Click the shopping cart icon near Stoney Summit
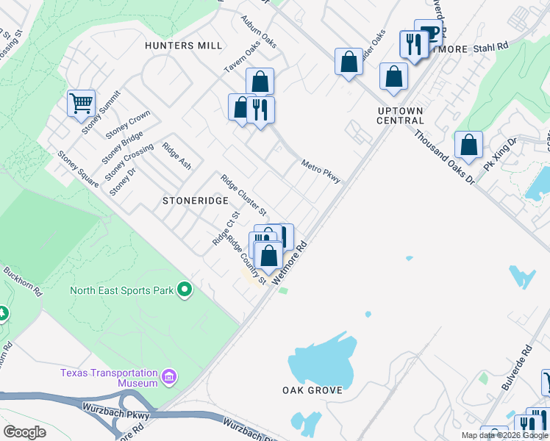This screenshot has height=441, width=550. click(81, 103)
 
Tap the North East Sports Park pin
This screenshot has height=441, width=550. click(185, 290)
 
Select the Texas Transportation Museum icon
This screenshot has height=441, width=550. click(169, 378)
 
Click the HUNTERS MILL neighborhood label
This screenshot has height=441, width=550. click(183, 46)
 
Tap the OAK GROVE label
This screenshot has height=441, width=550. click(312, 390)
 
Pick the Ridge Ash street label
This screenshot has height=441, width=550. click(176, 156)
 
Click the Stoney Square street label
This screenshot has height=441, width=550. click(78, 170)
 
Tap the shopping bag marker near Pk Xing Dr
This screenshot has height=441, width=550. click(468, 146)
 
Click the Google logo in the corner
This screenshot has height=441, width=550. click(24, 432)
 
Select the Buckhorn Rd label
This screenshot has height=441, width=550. click(22, 280)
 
